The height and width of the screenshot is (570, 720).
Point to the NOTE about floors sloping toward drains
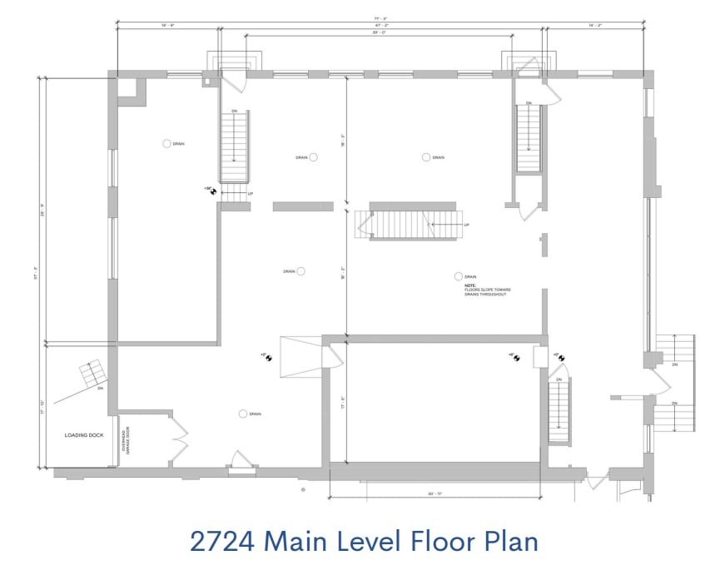pyautogui.click(x=488, y=290)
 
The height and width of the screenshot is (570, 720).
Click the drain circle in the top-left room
pyautogui.click(x=166, y=143)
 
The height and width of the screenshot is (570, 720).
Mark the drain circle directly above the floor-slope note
pyautogui.click(x=458, y=276)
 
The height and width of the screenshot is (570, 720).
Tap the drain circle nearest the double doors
pyautogui.click(x=243, y=414)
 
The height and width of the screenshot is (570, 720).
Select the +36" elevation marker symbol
pyautogui.click(x=213, y=190)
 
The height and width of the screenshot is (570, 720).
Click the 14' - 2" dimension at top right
pyautogui.click(x=593, y=26)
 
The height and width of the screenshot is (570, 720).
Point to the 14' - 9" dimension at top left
pyautogui.click(x=166, y=26)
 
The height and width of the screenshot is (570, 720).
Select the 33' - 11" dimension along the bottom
pyautogui.click(x=433, y=494)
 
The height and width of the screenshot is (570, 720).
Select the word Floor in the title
pyautogui.click(x=447, y=541)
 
